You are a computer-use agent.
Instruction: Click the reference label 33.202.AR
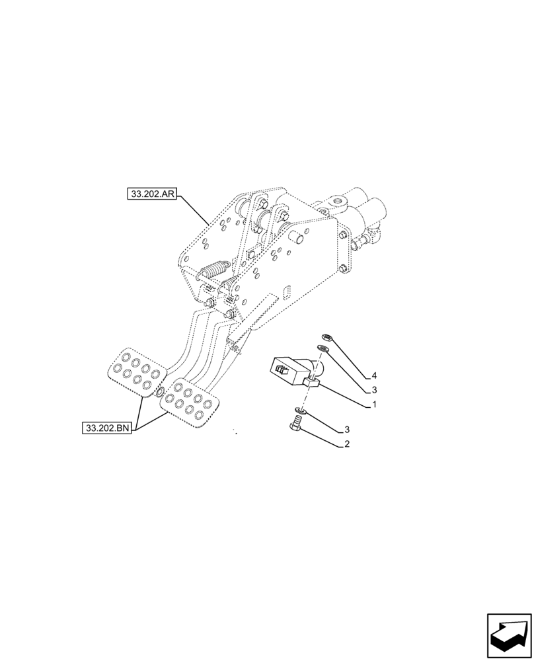point(152,194)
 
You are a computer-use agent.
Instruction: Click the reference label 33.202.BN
point(108,428)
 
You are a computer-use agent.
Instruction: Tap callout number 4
point(373,375)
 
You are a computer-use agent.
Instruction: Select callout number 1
point(373,404)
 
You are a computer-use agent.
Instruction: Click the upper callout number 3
point(373,389)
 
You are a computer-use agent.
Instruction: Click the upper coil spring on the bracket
point(213,271)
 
